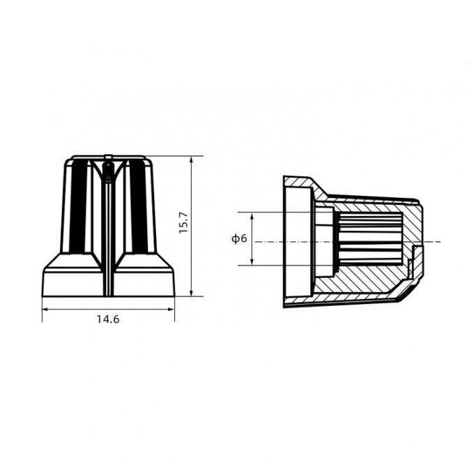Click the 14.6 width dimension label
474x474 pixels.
click(x=108, y=319)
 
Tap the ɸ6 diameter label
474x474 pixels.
click(x=239, y=238)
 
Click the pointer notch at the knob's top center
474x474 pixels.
click(x=108, y=165)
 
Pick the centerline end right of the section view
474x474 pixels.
click(x=439, y=241)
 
